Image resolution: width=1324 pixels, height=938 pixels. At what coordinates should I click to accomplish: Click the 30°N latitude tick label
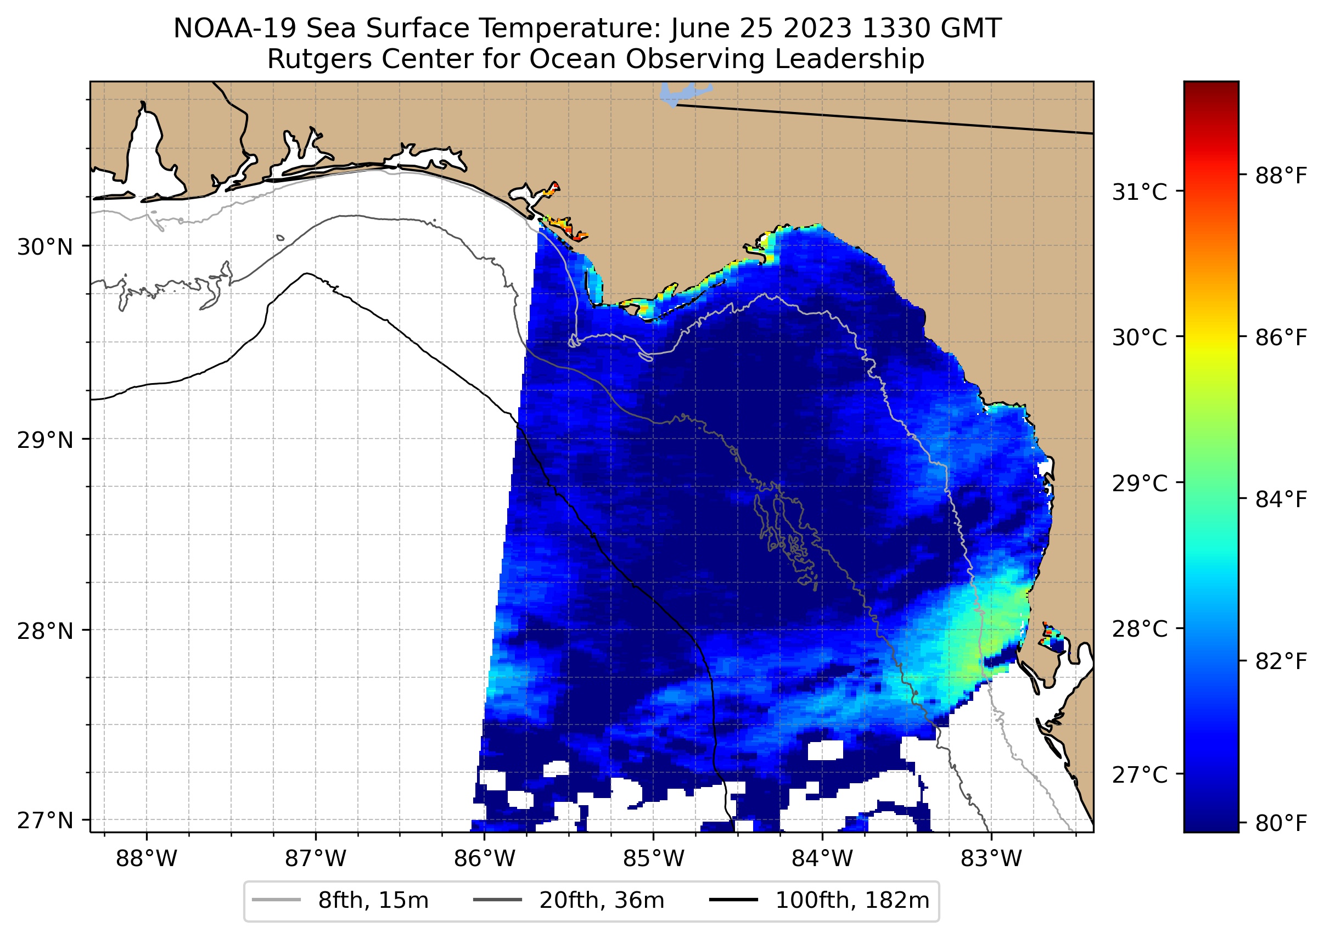pos(45,247)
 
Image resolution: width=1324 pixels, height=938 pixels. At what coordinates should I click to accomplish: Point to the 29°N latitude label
pos(45,440)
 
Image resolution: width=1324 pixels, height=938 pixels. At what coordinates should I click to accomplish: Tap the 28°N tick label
pos(45,631)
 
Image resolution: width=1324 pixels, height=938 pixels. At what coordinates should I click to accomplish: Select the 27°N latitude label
pos(45,820)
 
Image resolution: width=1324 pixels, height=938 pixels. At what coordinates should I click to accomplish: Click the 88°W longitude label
pos(146,859)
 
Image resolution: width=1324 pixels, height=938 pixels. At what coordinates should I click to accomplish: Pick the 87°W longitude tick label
pos(316,859)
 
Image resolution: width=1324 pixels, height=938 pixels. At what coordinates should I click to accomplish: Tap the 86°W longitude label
pos(484,859)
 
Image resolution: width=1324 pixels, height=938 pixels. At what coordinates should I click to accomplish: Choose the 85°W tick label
pos(653,859)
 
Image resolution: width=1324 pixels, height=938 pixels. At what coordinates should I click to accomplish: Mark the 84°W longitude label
pos(822,859)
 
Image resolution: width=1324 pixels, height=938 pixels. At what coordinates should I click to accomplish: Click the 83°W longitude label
pos(991,859)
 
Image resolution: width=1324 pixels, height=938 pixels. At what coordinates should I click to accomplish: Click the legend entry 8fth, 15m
pos(373,901)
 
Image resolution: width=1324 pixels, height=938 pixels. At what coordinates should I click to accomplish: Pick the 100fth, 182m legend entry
pos(851,901)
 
